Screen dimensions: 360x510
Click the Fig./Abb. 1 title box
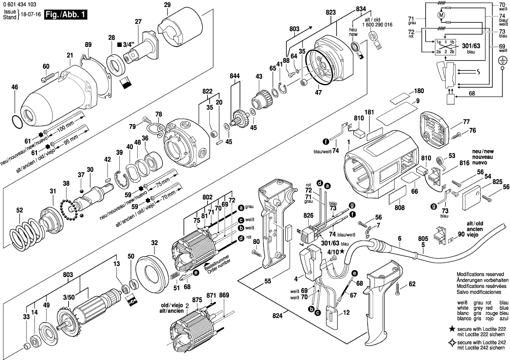(65, 15)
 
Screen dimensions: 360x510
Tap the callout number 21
(70, 56)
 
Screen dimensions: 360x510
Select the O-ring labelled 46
(16, 121)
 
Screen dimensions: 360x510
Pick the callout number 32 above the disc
(154, 243)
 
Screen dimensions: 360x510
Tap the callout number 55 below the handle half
(267, 281)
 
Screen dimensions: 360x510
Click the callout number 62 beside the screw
(412, 284)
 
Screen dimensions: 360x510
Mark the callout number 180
(418, 90)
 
